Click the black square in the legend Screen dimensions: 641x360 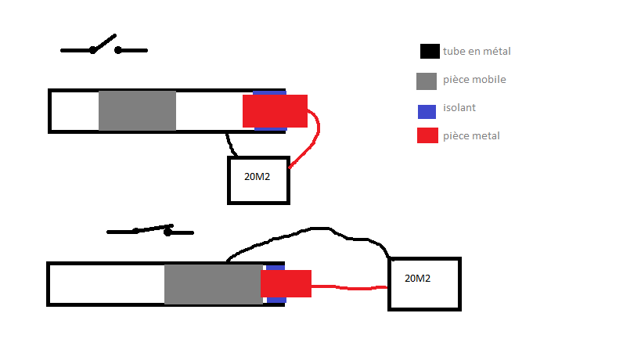429,52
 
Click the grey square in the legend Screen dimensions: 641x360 426,81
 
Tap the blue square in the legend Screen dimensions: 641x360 427,110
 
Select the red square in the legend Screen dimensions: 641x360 427,135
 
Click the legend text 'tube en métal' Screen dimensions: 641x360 476,52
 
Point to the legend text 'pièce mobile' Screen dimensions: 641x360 474,80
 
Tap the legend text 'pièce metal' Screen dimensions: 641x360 471,136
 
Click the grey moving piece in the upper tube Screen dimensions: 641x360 137,111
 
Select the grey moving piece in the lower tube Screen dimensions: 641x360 213,283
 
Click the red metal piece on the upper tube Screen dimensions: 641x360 275,111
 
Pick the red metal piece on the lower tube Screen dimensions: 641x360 288,283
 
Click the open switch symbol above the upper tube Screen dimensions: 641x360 104,47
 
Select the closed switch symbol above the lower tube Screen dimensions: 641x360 149,231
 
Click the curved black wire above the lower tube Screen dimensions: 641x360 313,229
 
